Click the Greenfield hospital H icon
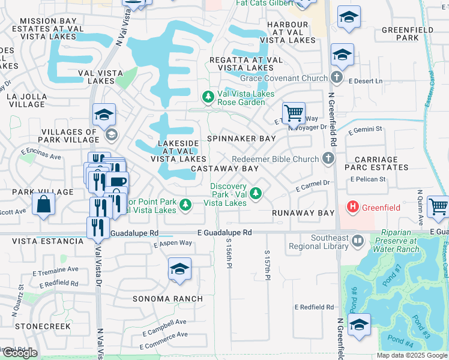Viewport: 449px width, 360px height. [353, 207]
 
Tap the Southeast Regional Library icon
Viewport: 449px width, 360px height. [358, 241]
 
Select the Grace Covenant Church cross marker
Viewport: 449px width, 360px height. [336, 77]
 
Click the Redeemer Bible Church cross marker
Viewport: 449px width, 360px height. [328, 158]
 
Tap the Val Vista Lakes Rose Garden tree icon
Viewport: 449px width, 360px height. [208, 97]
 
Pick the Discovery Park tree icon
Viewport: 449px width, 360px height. [256, 193]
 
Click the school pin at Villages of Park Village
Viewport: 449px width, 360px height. [104, 115]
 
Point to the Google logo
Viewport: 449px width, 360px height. [20, 353]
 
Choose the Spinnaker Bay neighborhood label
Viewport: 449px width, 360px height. [241, 139]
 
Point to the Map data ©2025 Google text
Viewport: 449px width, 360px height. [412, 355]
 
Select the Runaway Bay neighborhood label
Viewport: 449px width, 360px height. [303, 213]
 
